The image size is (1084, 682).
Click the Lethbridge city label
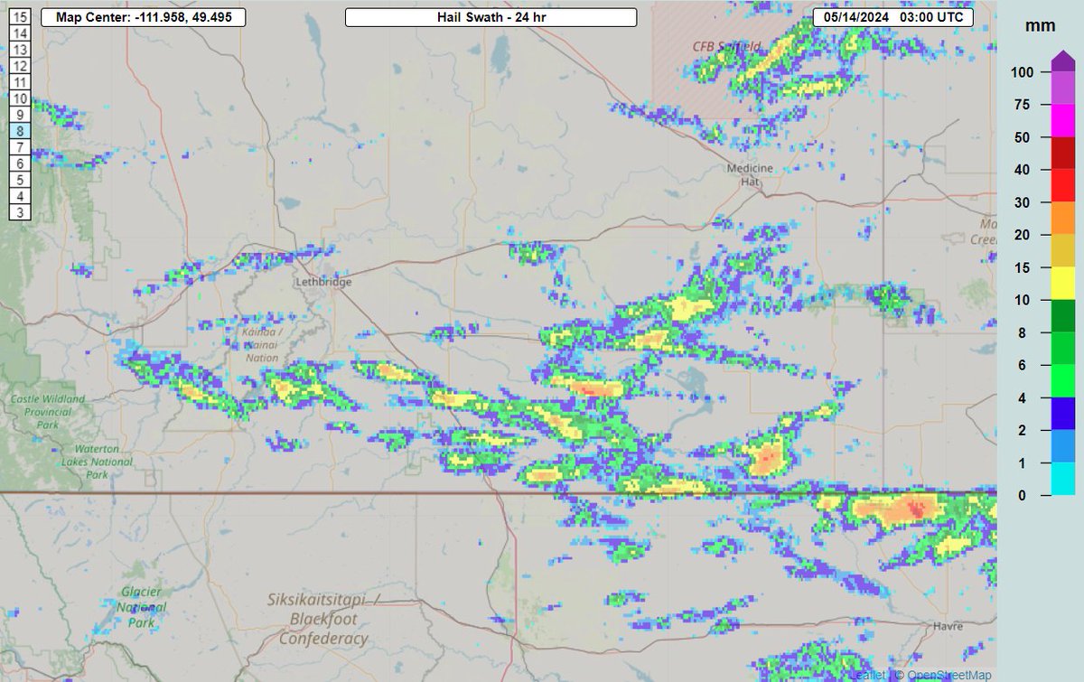pyautogui.click(x=322, y=282)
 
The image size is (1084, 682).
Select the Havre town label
pyautogui.click(x=948, y=626)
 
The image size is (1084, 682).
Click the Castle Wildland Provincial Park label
pyautogui.click(x=47, y=411)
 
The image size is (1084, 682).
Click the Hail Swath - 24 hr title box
pyautogui.click(x=491, y=17)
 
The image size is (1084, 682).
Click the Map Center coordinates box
pyautogui.click(x=143, y=17)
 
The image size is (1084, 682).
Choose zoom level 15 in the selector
pyautogui.click(x=20, y=17)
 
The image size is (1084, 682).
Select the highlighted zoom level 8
pyautogui.click(x=20, y=130)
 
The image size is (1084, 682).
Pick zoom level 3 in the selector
pyautogui.click(x=20, y=211)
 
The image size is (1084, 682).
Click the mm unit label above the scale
pyautogui.click(x=1034, y=26)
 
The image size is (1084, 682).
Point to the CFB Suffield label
pyautogui.click(x=727, y=46)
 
